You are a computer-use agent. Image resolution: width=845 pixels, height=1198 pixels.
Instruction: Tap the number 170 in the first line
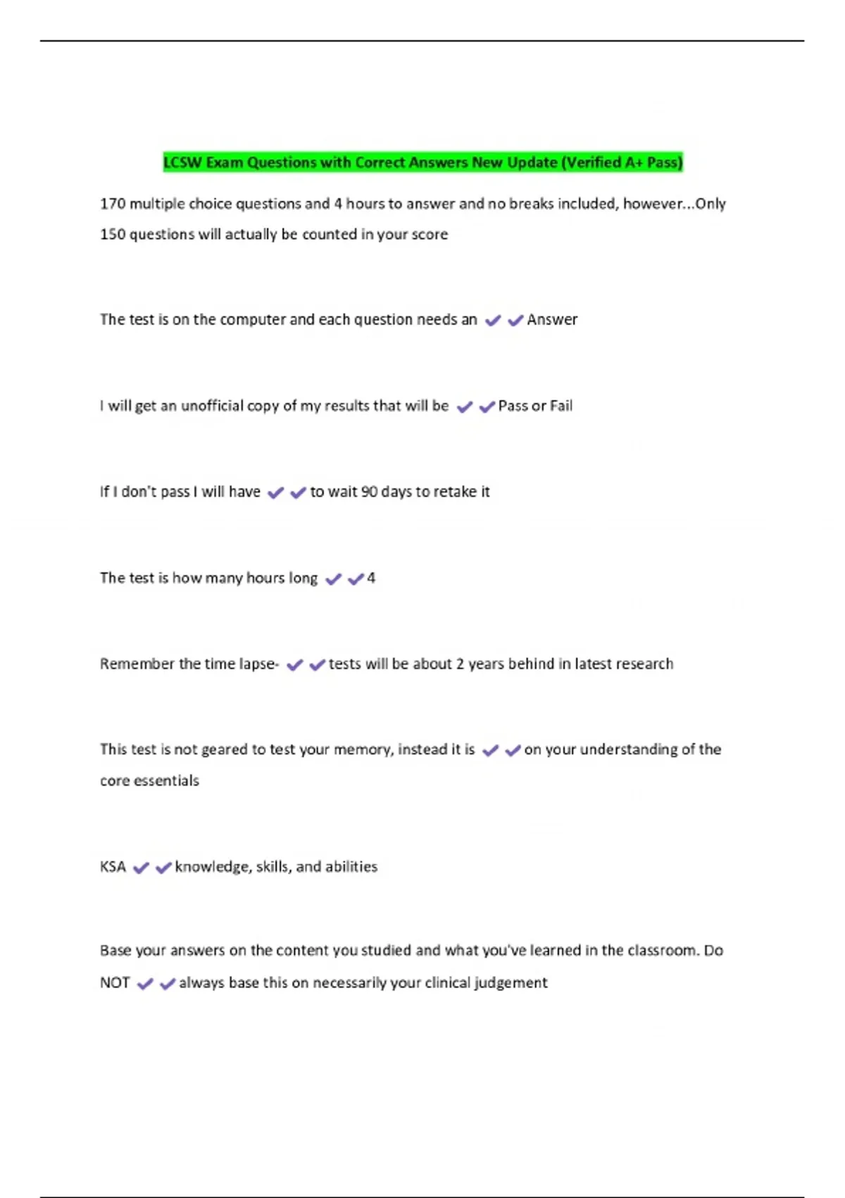coord(113,204)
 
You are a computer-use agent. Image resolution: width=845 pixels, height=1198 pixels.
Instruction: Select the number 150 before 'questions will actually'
coord(113,235)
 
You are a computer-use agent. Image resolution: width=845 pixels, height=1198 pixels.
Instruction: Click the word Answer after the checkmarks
coord(552,320)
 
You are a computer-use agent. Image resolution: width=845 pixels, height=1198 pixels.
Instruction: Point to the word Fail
coord(561,406)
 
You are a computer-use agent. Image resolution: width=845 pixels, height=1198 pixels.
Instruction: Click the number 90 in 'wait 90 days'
coord(369,492)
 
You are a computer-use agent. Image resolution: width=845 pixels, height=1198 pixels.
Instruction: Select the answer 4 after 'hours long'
coord(371,579)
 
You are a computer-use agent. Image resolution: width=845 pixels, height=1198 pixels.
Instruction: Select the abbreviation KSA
coord(113,867)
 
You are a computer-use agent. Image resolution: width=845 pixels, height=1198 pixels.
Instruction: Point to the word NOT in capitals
coord(115,983)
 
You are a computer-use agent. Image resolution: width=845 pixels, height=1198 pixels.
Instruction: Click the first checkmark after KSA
coord(141,867)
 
